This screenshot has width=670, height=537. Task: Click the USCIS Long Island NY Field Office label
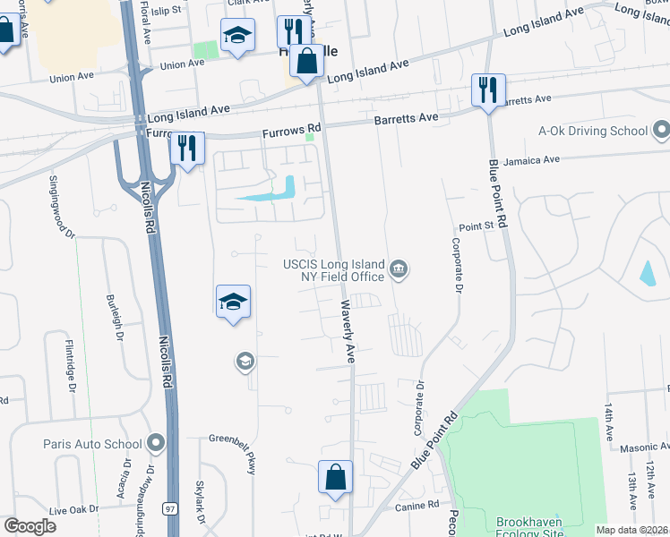[x=334, y=269]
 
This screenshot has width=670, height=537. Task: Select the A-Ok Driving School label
[x=593, y=131]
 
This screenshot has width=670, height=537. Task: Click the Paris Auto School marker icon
[x=157, y=443]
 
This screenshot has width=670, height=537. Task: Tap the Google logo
[x=30, y=526]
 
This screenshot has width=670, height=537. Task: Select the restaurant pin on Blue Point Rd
[x=488, y=90]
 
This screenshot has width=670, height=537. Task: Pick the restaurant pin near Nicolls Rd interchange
[x=187, y=149]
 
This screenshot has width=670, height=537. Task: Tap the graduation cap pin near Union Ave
[x=237, y=36]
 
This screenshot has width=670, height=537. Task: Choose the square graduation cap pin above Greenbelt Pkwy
[x=232, y=302]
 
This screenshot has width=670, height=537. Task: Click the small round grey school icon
[x=244, y=362]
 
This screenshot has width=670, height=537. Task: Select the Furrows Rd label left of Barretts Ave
[x=291, y=132]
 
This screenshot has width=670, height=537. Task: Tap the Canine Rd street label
[x=420, y=506]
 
